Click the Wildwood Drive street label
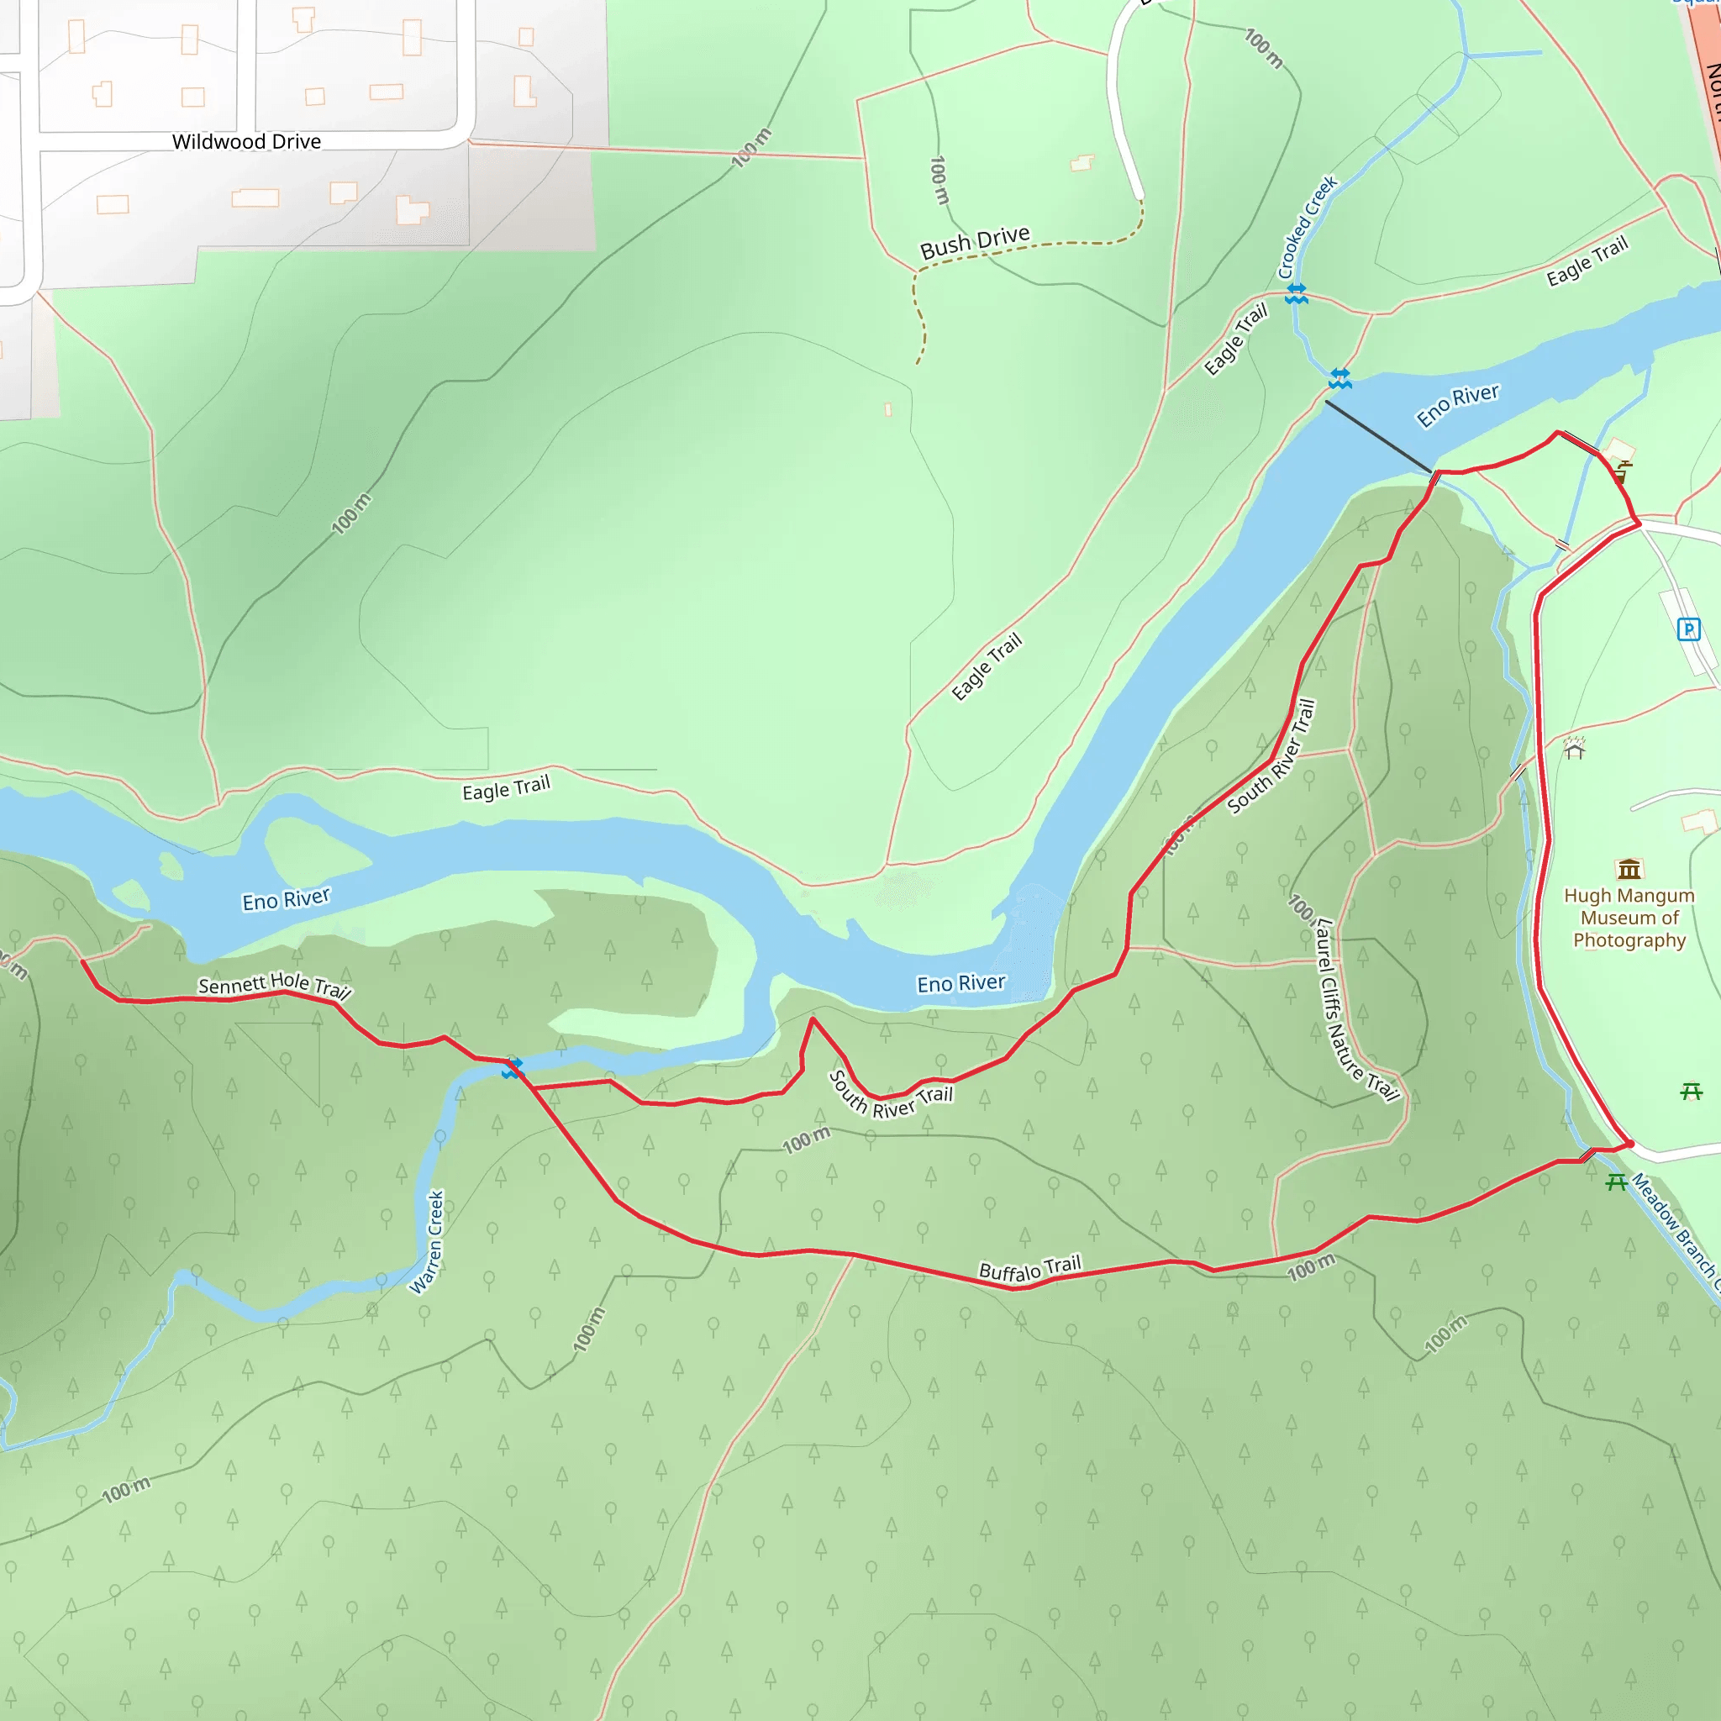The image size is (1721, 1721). pos(246,142)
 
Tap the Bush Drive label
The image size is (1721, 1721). pos(975,241)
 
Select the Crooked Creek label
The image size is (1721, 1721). pos(1307,227)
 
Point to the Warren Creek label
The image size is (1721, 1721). pos(427,1242)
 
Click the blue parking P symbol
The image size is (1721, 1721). pos(1688,629)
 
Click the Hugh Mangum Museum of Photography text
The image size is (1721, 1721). pos(1629,918)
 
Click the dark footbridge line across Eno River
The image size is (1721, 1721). pos(1378,436)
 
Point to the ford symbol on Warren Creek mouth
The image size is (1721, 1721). pos(511,1067)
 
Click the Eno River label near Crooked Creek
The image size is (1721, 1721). pos(1457,405)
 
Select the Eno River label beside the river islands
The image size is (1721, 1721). pos(286,900)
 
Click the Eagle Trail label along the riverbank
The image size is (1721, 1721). pos(506,788)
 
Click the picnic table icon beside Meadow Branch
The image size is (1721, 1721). pos(1616,1182)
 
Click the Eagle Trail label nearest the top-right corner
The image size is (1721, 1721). pos(1587,261)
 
